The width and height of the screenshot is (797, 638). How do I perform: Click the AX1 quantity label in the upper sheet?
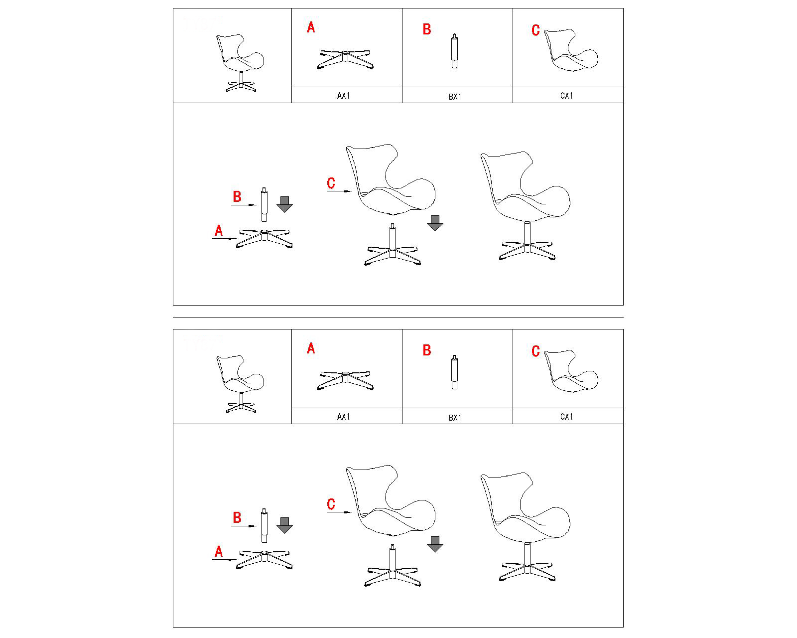[x=343, y=96]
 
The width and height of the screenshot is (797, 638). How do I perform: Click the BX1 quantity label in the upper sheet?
[x=455, y=97]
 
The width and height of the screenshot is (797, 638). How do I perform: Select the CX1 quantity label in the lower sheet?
[x=567, y=417]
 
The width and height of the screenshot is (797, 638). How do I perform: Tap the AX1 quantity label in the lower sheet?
[x=343, y=417]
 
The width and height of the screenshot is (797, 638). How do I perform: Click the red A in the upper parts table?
[x=311, y=27]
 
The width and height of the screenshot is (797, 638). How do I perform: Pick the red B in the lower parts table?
[x=427, y=350]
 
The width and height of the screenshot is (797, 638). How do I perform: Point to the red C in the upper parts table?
[x=535, y=30]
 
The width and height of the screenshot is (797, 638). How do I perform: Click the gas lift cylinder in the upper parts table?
[x=454, y=51]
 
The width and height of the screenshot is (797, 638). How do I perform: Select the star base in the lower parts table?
[x=345, y=380]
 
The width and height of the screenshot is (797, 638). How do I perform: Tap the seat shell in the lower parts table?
[x=571, y=371]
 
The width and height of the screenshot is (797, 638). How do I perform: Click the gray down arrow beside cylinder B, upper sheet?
[x=284, y=204]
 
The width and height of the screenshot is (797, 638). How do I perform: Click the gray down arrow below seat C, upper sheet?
[x=435, y=223]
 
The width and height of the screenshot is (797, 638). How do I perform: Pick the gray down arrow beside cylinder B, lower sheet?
[x=284, y=525]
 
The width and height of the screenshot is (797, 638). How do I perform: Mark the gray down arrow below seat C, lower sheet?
[x=435, y=544]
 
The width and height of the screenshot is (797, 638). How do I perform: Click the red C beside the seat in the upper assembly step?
[x=331, y=183]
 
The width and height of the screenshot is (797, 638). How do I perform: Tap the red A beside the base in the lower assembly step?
[x=219, y=552]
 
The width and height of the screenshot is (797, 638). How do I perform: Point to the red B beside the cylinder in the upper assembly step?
[x=237, y=196]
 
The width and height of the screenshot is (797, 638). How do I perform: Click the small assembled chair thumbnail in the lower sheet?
[x=240, y=384]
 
